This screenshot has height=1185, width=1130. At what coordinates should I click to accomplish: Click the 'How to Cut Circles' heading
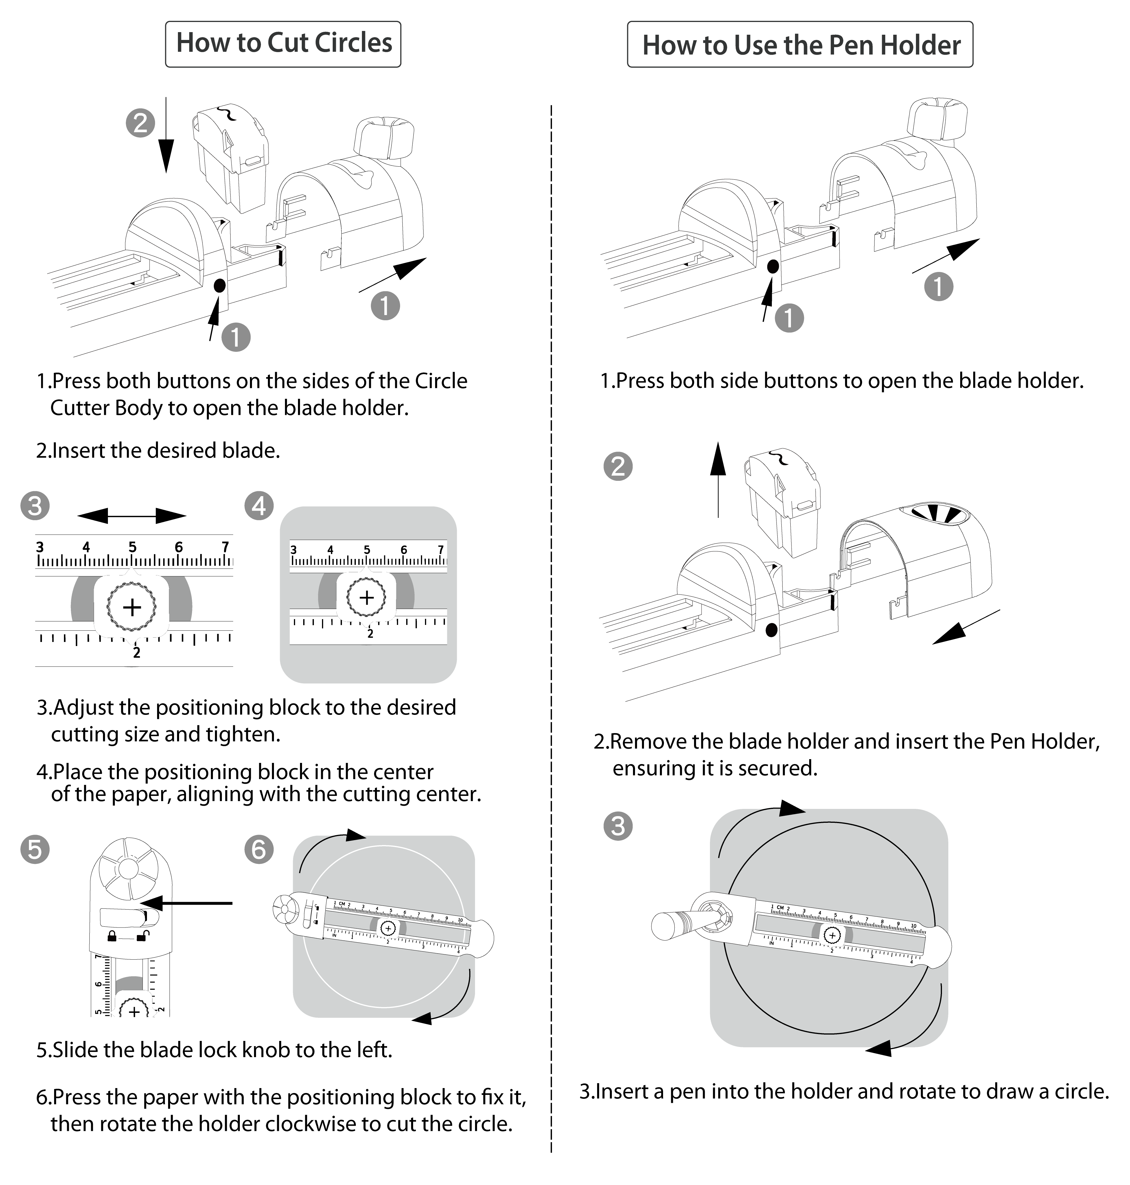tap(283, 43)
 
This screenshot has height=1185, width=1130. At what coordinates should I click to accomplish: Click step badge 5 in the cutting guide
tap(35, 849)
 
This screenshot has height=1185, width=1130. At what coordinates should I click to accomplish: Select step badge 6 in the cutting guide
tap(259, 849)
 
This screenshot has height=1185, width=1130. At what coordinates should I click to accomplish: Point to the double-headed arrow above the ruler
tap(132, 516)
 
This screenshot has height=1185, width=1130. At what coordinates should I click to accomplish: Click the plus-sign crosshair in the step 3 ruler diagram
tap(132, 607)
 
